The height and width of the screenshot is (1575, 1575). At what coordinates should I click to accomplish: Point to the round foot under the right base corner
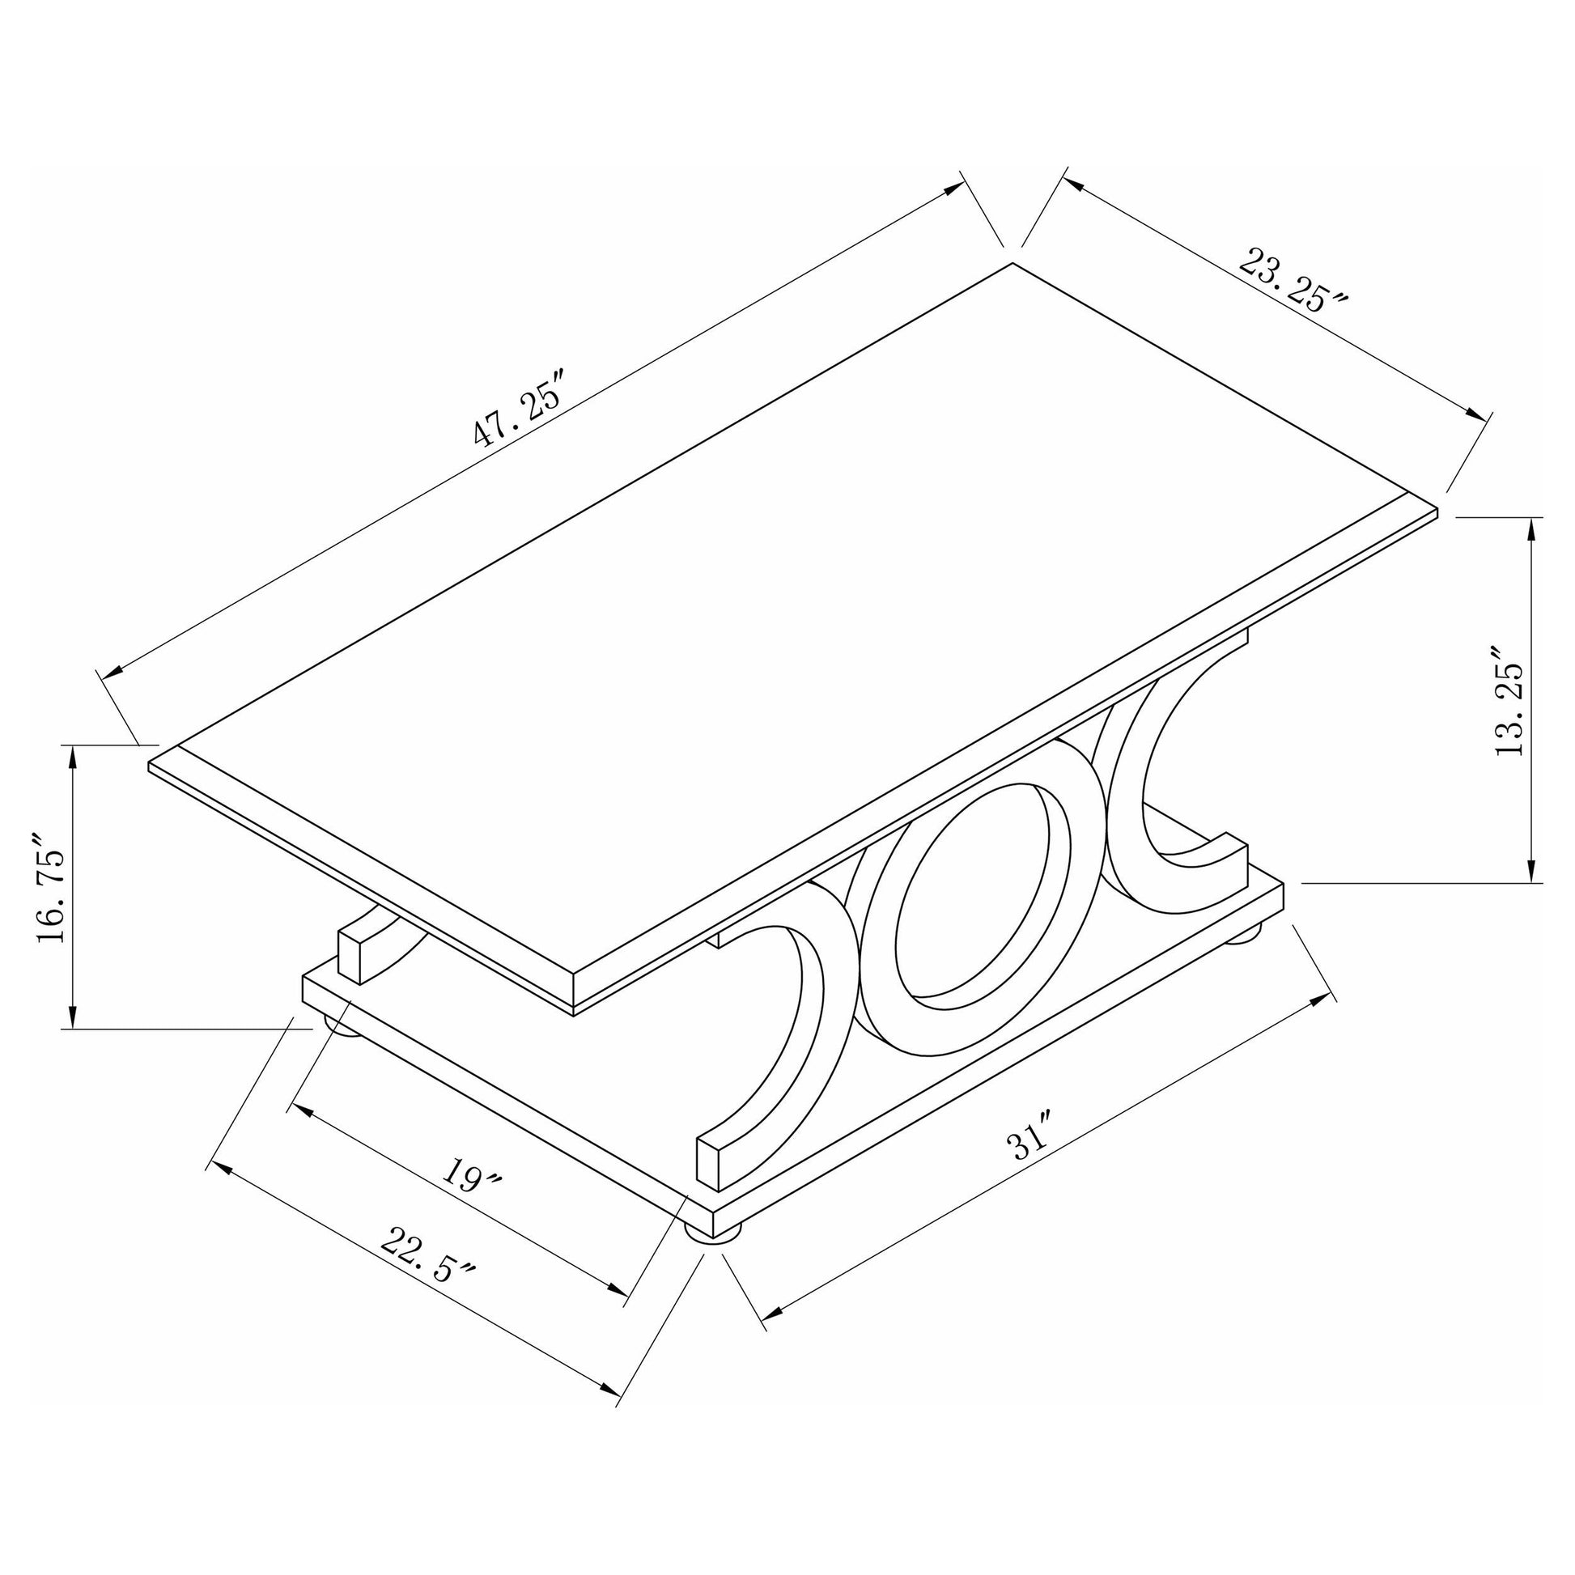point(1244,933)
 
